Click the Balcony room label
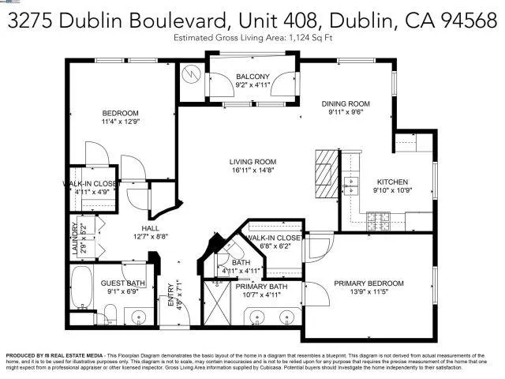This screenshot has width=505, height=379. (252, 77)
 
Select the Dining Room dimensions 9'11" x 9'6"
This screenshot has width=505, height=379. (345, 113)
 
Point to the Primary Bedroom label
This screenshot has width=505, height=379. (368, 283)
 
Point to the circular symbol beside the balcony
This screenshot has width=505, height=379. (191, 75)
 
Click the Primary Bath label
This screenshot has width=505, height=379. (261, 287)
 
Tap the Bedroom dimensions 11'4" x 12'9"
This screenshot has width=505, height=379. (120, 122)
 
